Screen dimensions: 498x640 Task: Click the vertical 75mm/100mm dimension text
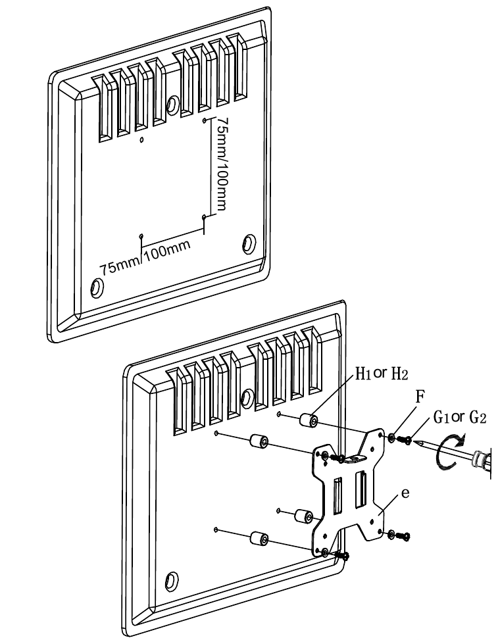221,164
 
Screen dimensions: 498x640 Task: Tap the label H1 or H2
382,373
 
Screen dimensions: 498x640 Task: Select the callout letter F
420,397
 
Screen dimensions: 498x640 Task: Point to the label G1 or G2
460,417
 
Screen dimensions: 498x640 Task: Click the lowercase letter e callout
405,493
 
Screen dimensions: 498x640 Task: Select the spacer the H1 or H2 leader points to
309,420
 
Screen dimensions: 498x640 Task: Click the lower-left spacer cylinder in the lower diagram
259,538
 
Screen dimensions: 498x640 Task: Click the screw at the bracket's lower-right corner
405,536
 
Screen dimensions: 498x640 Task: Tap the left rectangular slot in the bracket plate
337,495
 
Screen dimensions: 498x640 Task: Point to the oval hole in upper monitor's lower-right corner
249,243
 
